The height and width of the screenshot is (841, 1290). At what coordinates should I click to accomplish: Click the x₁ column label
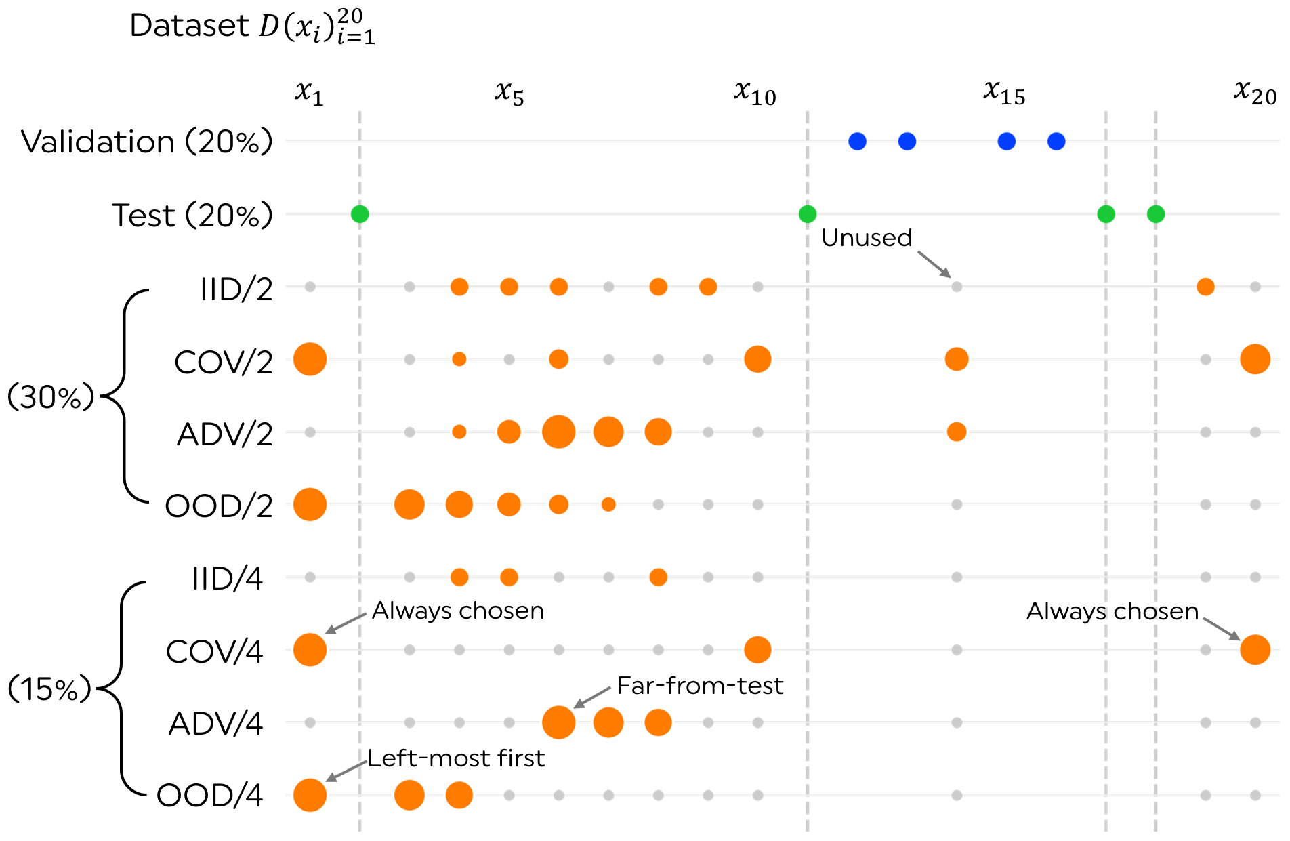[309, 93]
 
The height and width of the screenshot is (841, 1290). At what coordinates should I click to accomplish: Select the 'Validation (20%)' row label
[147, 142]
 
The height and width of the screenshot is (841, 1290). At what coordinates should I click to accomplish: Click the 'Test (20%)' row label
[192, 216]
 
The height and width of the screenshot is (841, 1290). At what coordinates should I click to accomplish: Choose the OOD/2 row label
[219, 506]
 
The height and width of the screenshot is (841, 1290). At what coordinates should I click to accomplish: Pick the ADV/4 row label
[215, 724]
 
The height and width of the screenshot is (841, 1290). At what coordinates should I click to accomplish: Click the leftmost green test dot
[360, 214]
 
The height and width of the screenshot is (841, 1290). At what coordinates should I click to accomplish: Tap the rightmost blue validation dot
[1056, 141]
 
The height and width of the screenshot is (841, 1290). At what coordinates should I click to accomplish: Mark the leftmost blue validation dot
[857, 141]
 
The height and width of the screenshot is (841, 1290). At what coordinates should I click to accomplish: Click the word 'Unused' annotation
[867, 238]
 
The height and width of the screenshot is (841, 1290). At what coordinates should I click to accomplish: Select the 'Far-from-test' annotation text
[700, 686]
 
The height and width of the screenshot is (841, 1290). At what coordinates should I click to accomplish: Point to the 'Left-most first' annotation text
[456, 758]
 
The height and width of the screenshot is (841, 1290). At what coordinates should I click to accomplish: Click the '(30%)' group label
[51, 396]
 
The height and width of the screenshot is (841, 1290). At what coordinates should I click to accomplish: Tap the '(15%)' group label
[49, 689]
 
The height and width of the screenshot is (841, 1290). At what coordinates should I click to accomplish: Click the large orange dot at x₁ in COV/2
[310, 359]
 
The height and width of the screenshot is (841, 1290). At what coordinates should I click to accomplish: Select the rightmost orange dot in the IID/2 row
[1205, 287]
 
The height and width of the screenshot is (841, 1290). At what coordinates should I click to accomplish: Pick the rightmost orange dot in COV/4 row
[1255, 650]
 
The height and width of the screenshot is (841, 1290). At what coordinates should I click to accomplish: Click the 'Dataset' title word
[189, 26]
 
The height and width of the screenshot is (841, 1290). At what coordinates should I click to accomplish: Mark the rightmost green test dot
[1156, 214]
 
